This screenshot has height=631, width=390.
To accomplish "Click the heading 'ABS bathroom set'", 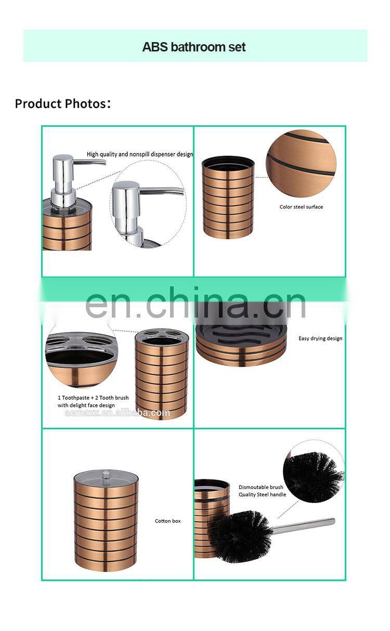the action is [194, 47].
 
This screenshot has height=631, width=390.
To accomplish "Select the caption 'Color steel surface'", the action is [301, 207].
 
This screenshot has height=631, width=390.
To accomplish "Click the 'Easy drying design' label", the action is [320, 338].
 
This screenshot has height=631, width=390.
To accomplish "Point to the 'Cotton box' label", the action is [167, 521].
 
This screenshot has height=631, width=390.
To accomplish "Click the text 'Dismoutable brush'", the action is [261, 487].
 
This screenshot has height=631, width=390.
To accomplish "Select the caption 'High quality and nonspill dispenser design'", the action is [140, 154].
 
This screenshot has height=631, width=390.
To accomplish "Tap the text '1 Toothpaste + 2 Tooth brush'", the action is [93, 398].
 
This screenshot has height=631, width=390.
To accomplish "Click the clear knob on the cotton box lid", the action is [106, 475].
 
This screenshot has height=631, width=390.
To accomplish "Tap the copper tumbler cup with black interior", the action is [228, 197].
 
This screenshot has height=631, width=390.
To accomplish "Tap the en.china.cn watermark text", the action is [196, 303].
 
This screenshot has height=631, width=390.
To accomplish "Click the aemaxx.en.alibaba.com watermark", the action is [117, 413].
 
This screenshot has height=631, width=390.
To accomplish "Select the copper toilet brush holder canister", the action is [212, 519].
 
